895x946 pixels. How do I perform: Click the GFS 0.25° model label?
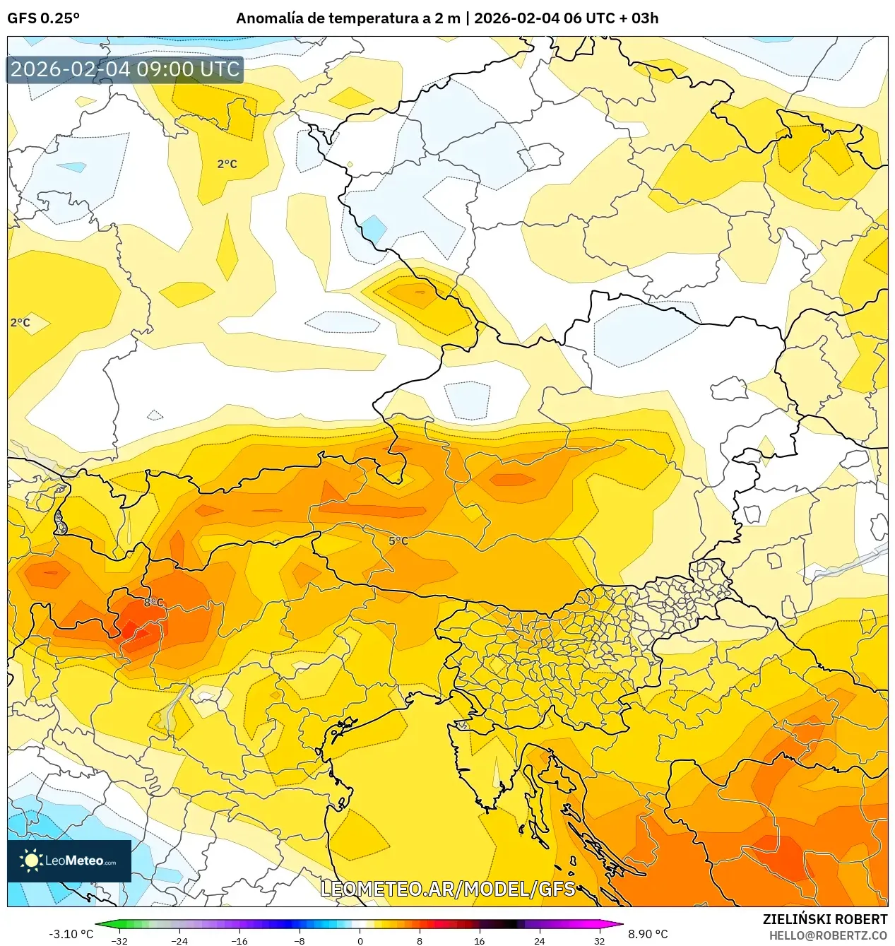click(x=43, y=18)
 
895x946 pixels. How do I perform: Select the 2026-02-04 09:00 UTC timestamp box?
click(x=125, y=69)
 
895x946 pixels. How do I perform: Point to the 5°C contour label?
click(x=398, y=541)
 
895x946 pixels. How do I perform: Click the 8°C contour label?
click(x=153, y=603)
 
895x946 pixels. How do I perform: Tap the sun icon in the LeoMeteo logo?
click(x=31, y=861)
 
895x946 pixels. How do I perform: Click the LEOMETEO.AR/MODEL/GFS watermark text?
click(x=448, y=889)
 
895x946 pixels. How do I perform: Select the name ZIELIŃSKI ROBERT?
click(x=824, y=919)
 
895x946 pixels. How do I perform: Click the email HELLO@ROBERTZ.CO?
click(x=828, y=935)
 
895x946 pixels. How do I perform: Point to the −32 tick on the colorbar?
click(x=119, y=940)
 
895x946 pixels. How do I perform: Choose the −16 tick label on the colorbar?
click(x=239, y=940)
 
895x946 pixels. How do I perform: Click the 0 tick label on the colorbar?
click(x=360, y=940)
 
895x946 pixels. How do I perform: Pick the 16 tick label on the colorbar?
click(x=480, y=940)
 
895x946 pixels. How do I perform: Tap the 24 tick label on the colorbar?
click(x=540, y=940)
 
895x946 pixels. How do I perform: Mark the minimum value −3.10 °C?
click(x=71, y=934)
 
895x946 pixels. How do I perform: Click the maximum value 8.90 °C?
click(x=648, y=934)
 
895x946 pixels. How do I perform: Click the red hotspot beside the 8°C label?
click(x=134, y=629)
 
